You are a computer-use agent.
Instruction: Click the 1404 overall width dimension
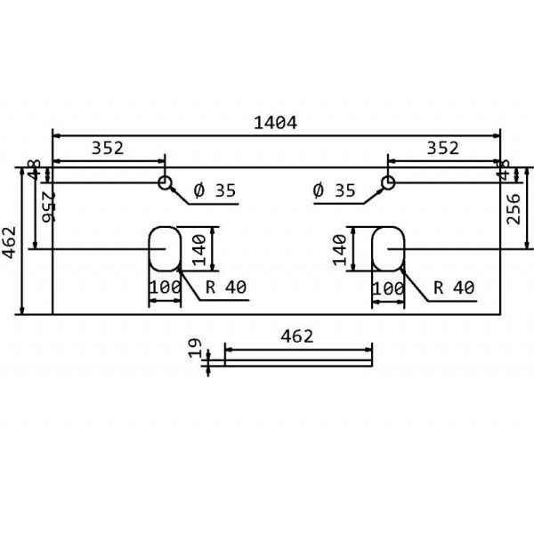pyautogui.click(x=277, y=122)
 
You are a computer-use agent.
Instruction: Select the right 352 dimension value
pyautogui.click(x=442, y=148)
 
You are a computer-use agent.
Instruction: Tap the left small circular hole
pyautogui.click(x=166, y=183)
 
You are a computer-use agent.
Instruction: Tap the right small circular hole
pyautogui.click(x=387, y=183)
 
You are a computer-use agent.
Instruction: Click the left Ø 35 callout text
pyautogui.click(x=214, y=190)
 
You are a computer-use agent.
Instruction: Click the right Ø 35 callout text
pyautogui.click(x=335, y=190)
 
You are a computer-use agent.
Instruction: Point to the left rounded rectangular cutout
pyautogui.click(x=165, y=248)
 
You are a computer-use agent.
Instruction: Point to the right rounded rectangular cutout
pyautogui.click(x=388, y=248)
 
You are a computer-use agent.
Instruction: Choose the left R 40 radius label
pyautogui.click(x=225, y=287)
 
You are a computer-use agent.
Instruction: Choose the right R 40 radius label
pyautogui.click(x=453, y=287)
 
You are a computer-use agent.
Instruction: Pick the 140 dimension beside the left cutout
pyautogui.click(x=200, y=248)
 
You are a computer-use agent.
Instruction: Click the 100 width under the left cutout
pyautogui.click(x=164, y=288)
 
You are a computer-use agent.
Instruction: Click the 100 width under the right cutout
pyautogui.click(x=388, y=288)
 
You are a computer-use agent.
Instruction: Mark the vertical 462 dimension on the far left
pyautogui.click(x=9, y=239)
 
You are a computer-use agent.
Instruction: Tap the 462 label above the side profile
pyautogui.click(x=296, y=337)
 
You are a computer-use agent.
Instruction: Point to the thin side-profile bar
pyautogui.click(x=298, y=359)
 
